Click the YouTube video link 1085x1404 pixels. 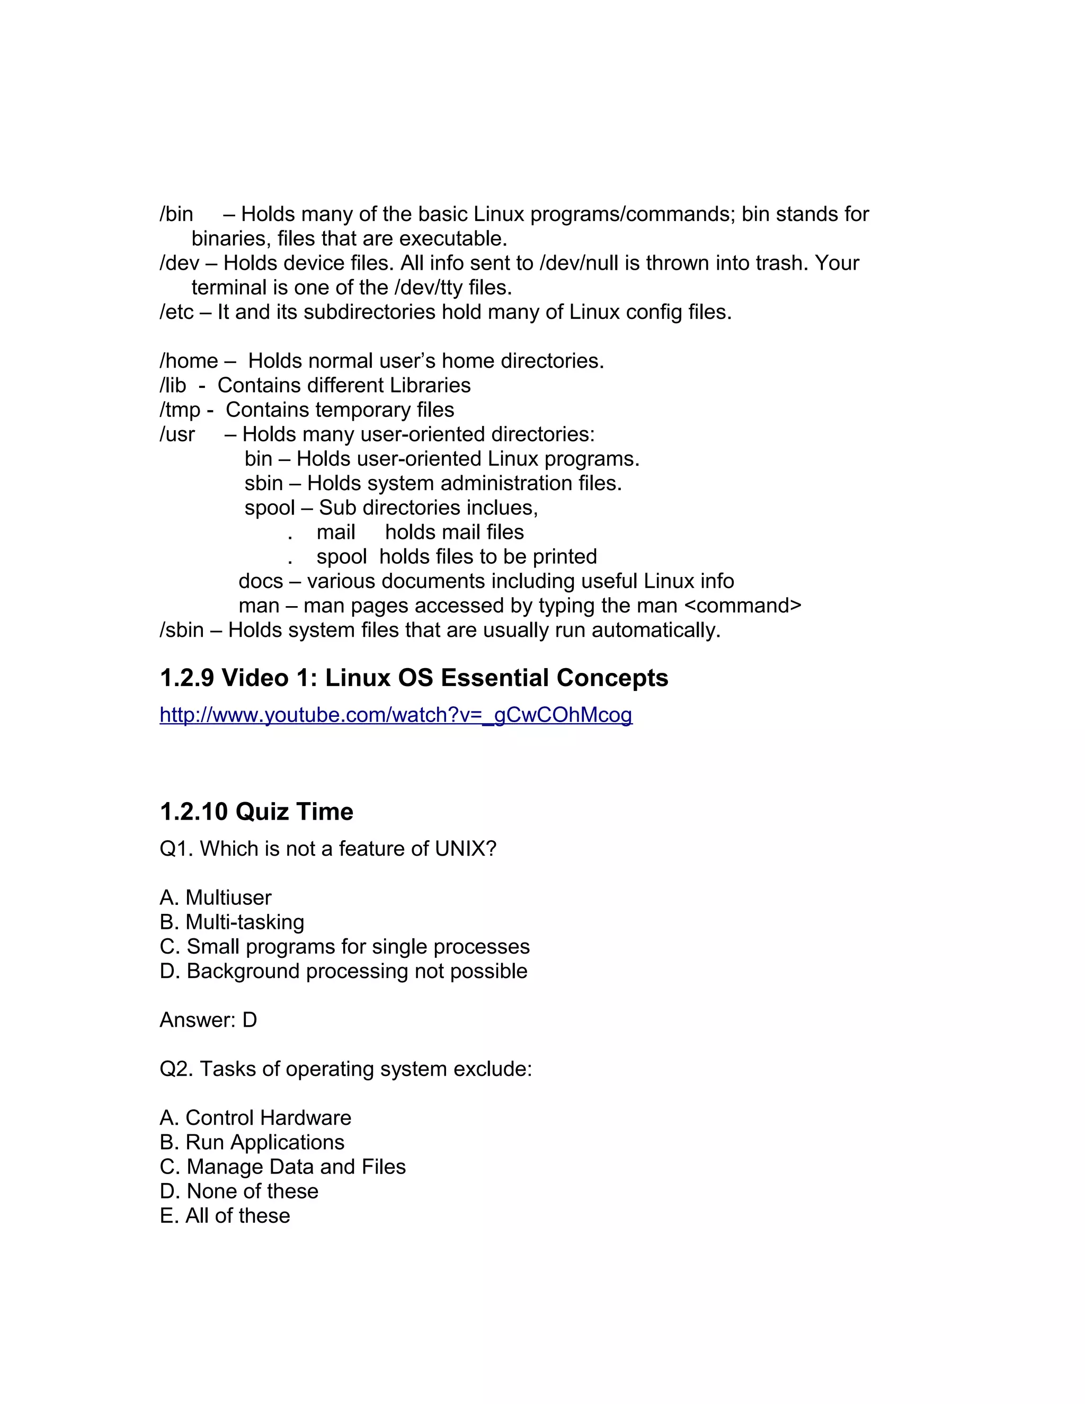tap(396, 715)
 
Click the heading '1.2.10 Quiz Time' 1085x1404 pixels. tap(256, 812)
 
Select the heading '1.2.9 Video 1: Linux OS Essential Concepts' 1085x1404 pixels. tap(414, 678)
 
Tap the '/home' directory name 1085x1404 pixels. tap(188, 361)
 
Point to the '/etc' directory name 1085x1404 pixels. tap(176, 313)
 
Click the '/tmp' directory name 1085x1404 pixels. tap(180, 410)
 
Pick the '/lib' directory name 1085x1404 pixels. tap(173, 386)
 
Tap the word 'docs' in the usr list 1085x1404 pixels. tap(260, 581)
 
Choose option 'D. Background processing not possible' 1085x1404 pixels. tap(343, 971)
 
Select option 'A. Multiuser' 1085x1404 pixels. tap(215, 898)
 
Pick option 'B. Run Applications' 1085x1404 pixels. tap(252, 1142)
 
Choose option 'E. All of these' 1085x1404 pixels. tap(225, 1215)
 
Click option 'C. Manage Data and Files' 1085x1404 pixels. tap(283, 1167)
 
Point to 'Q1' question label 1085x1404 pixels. tap(174, 849)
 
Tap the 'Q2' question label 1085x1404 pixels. tap(174, 1069)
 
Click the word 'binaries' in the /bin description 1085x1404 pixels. tap(229, 239)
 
